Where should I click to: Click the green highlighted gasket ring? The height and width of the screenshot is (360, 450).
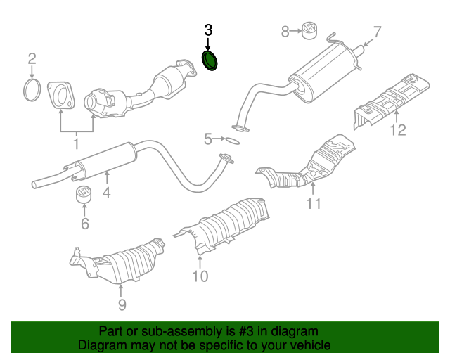[210, 60]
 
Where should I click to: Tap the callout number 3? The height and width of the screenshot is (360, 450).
[207, 30]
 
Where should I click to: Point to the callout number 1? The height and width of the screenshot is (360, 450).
[75, 144]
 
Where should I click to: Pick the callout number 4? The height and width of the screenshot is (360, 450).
[107, 191]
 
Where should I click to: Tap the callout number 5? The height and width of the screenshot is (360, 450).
[207, 139]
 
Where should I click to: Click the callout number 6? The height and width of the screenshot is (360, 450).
[84, 224]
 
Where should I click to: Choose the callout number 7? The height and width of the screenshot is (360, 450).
[376, 32]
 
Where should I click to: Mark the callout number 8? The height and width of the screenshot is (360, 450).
[285, 31]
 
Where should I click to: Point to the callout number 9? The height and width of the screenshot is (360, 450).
[122, 304]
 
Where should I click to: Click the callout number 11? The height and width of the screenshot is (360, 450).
[313, 204]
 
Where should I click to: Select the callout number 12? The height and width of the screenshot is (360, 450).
[398, 130]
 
